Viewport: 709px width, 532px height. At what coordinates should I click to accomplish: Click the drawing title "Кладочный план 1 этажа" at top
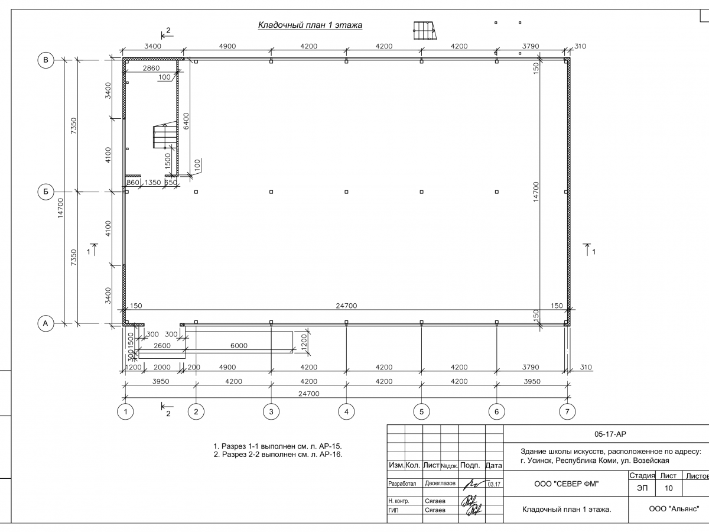(310, 25)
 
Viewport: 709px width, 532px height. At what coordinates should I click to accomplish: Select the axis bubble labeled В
(45, 59)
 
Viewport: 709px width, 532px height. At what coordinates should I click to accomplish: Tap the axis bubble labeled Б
(45, 192)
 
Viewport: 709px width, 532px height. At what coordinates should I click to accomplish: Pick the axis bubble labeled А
(45, 323)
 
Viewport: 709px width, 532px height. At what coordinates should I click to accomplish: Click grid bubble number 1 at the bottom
(125, 411)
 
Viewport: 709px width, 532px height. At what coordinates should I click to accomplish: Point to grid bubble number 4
(346, 411)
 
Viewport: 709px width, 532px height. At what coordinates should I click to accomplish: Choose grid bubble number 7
(567, 411)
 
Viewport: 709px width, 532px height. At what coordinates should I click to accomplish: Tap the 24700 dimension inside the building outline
(346, 306)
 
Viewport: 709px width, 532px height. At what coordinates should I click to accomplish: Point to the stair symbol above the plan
(424, 30)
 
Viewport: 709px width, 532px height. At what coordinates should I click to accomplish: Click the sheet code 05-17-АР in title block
(610, 434)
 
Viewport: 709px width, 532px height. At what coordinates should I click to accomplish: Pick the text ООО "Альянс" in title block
(674, 508)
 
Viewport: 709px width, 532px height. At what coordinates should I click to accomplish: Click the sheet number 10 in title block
(668, 488)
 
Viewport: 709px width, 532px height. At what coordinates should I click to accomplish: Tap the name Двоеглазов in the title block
(440, 483)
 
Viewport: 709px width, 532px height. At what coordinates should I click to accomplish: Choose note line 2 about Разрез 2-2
(278, 455)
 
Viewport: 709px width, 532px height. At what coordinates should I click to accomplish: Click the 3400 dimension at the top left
(152, 46)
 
